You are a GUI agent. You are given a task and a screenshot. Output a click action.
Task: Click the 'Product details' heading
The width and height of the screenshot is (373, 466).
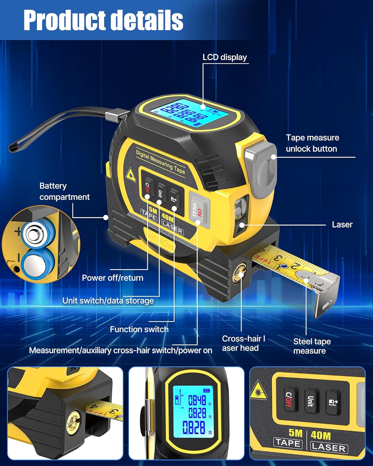pos(103,20)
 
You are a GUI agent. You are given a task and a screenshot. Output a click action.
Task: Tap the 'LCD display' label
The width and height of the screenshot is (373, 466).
pos(224,57)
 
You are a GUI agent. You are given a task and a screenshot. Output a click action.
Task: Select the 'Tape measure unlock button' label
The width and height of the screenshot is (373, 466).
pos(312,143)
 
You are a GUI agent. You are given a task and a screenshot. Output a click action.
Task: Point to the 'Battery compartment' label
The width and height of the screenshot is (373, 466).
pos(64,191)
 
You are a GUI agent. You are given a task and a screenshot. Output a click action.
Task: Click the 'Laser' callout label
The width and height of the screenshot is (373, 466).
pos(342,225)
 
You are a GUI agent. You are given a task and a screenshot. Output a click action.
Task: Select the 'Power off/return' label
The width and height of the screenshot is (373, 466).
pos(113,278)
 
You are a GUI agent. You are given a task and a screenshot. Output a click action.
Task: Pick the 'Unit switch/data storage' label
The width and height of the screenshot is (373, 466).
pos(108,301)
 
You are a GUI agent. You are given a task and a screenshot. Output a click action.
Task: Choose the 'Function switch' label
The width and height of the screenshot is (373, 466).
pos(139,329)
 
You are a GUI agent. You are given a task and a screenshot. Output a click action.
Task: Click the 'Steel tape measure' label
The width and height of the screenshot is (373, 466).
pos(312,346)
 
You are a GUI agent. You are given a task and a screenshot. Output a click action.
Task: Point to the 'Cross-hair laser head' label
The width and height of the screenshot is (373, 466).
pos(243,343)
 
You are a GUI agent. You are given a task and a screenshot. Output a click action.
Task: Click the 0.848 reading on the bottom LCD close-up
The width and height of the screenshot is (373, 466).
pos(197,400)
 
